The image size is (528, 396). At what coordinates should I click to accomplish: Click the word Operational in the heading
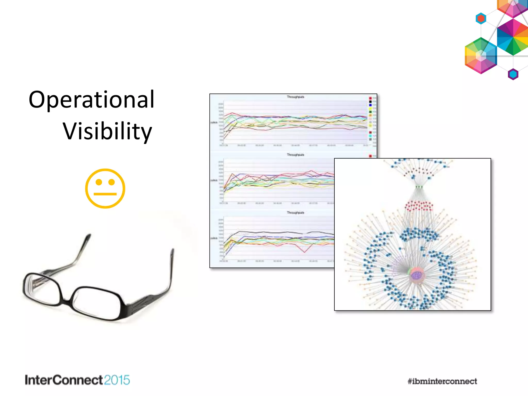coord(92,100)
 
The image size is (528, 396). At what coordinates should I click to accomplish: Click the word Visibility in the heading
coord(107,131)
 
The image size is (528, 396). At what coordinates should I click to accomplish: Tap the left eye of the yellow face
coord(99,182)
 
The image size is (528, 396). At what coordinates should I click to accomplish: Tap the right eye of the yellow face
coord(112,182)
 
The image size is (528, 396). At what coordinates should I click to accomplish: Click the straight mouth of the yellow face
coord(105,194)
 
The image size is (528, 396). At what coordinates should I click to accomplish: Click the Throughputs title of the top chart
coord(295,97)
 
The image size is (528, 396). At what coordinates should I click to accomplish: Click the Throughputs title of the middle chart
coord(295,155)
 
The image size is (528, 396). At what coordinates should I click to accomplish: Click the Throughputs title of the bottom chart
coord(295,213)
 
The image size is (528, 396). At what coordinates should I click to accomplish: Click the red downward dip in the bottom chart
coord(304,252)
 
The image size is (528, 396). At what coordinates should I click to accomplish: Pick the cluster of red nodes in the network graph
coord(419,206)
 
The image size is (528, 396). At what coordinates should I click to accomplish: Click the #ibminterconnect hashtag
coord(442,381)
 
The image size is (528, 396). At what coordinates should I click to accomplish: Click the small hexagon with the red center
coord(481,19)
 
